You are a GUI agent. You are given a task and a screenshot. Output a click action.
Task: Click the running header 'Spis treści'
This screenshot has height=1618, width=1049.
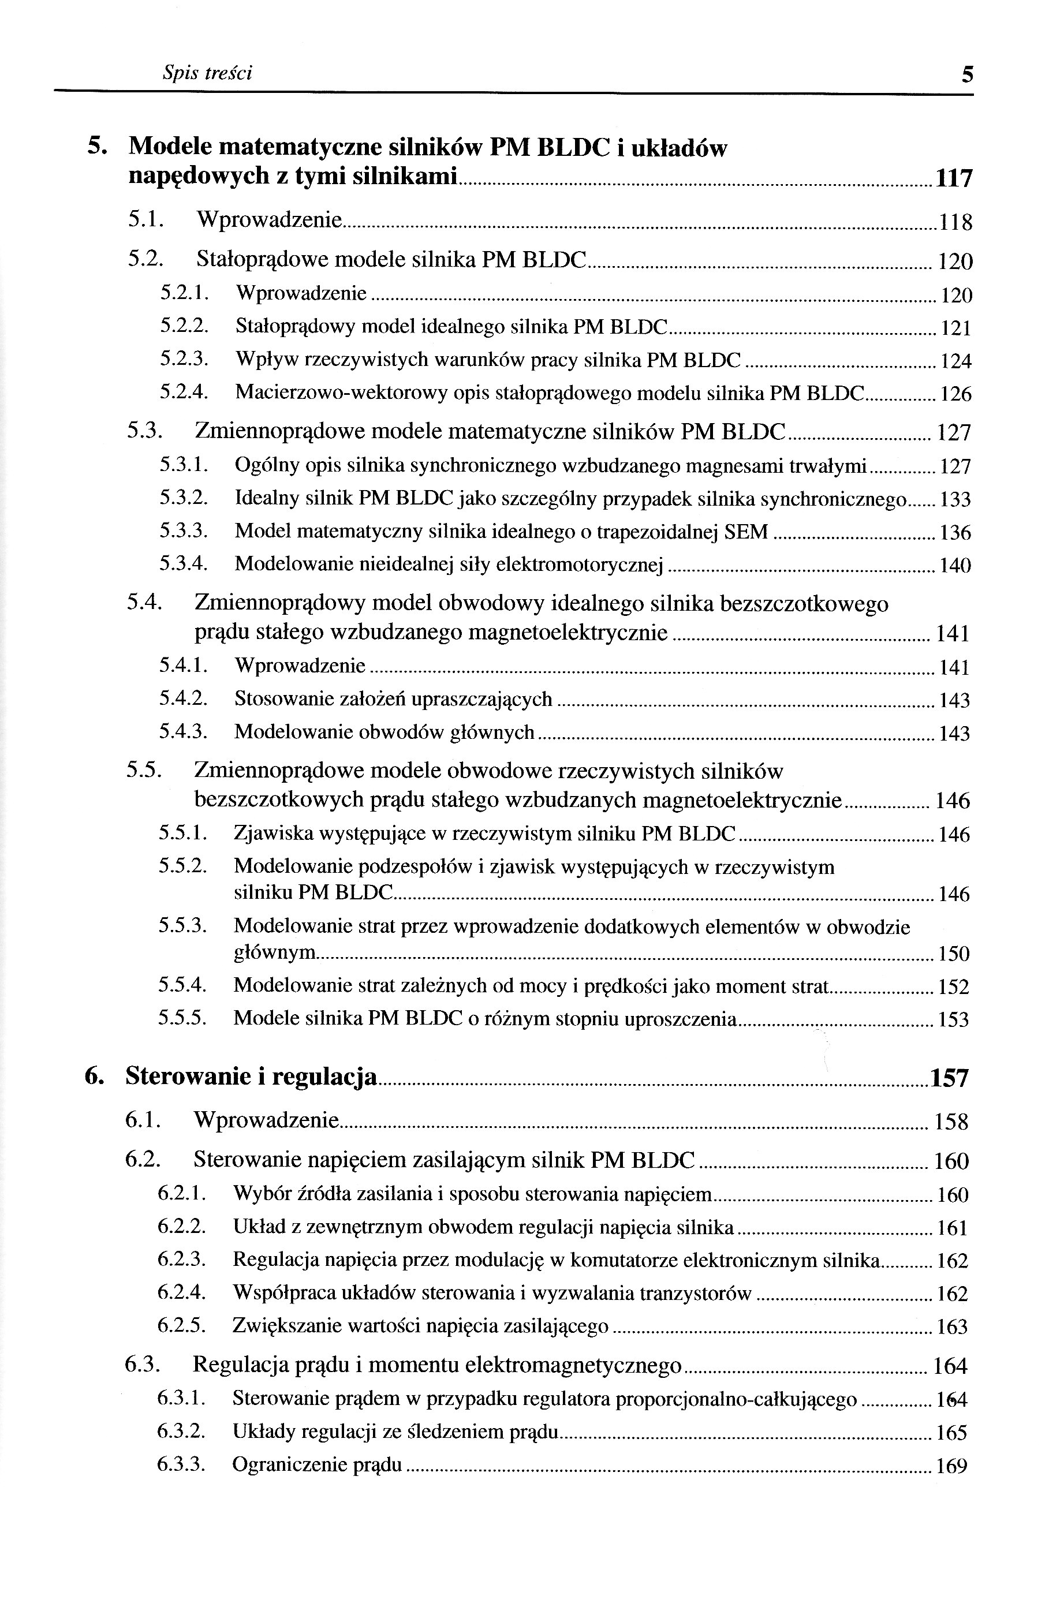[207, 73]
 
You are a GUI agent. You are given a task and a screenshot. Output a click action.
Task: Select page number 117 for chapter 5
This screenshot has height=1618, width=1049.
[954, 179]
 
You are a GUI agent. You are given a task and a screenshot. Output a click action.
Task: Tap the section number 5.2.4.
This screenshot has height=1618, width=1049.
[183, 393]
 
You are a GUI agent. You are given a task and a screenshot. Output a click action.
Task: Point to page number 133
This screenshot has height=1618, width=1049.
[954, 500]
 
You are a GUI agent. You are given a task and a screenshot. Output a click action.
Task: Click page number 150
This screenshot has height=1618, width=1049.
[953, 954]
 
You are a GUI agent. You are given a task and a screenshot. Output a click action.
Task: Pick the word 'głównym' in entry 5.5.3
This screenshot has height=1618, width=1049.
[275, 952]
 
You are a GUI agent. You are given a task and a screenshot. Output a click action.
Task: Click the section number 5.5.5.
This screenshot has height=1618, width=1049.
[181, 1018]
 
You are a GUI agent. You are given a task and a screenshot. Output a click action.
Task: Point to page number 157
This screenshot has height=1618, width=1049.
[949, 1078]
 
